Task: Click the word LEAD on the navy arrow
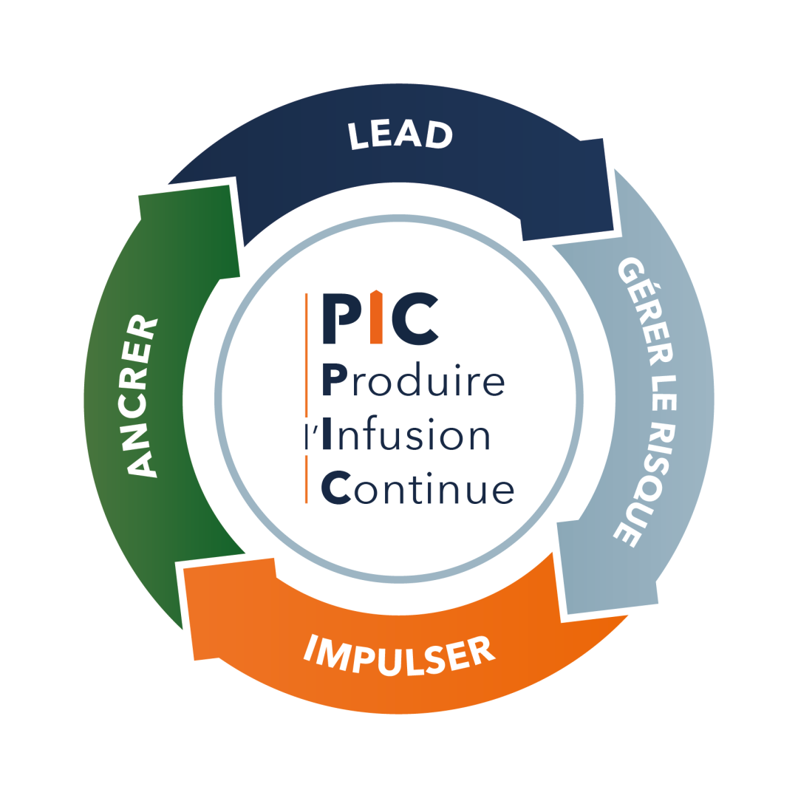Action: pos(400,135)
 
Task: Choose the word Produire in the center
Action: pos(413,380)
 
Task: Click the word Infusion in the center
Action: pos(406,434)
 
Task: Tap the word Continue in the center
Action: pos(417,488)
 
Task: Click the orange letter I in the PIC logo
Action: pos(376,317)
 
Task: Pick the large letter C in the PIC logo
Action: pos(415,318)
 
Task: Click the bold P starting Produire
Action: pos(335,380)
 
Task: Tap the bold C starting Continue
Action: pos(336,488)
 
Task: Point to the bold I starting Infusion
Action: pos(327,434)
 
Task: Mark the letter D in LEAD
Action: pos(439,136)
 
